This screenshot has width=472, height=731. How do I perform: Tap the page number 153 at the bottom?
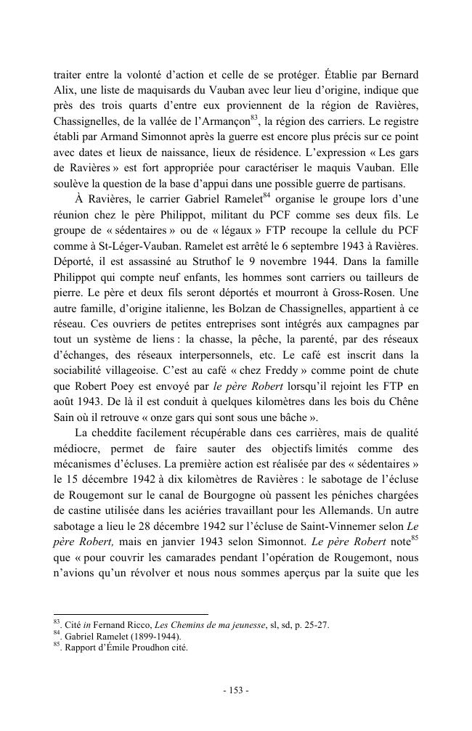pos(236,690)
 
